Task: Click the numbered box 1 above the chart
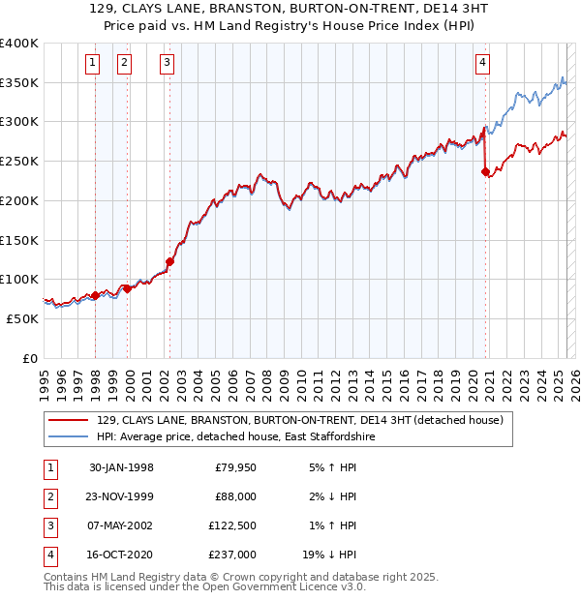93,64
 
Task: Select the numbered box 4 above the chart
482,64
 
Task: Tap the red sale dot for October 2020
486,172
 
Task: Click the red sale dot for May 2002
169,261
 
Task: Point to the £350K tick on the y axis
19,83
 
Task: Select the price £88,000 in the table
235,496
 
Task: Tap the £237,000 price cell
233,555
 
